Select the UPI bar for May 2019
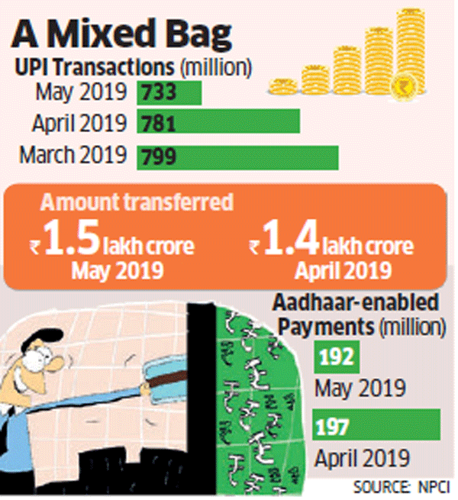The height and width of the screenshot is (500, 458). point(169,92)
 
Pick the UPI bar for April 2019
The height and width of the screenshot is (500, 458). point(218,122)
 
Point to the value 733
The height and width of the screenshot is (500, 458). point(158,92)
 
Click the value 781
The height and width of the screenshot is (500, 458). point(158,122)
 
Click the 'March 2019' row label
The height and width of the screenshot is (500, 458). point(73,154)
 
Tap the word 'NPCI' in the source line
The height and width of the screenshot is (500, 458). point(434,486)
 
